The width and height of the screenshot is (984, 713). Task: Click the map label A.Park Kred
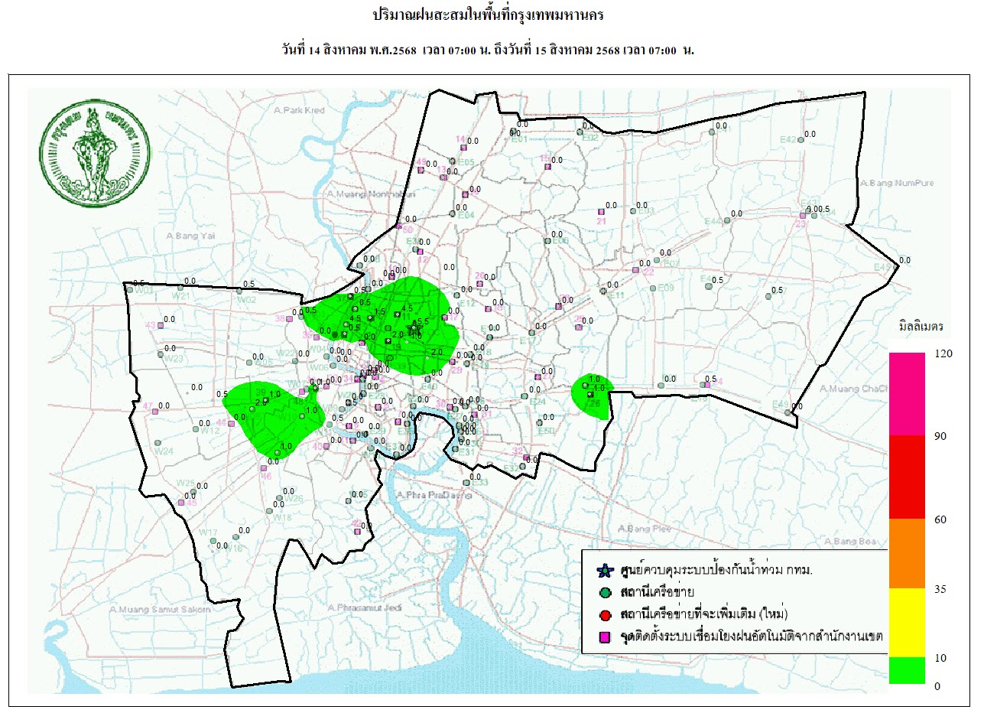click(300, 111)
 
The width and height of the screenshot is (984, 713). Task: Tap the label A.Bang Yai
click(192, 236)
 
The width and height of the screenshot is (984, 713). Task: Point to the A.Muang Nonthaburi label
click(359, 194)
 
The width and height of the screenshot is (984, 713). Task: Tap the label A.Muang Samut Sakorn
click(160, 610)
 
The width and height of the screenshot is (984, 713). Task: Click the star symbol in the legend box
click(605, 571)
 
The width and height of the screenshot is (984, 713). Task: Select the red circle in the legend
click(605, 614)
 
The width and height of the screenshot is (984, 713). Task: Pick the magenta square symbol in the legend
click(605, 636)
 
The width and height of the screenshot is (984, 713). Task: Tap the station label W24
click(165, 451)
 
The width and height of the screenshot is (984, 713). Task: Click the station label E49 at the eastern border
click(780, 405)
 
